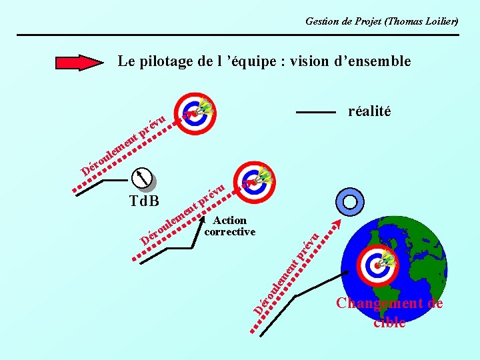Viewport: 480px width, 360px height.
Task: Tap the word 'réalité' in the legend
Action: click(369, 111)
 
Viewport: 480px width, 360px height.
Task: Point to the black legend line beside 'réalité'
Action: click(315, 112)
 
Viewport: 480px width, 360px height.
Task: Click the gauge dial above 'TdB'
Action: click(143, 178)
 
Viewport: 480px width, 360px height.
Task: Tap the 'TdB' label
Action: click(143, 199)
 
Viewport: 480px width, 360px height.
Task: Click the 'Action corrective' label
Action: click(229, 226)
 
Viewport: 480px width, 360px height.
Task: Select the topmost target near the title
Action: click(195, 113)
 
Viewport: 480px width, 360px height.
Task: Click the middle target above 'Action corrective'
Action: click(255, 181)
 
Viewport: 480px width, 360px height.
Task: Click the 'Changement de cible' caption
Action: click(389, 312)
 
